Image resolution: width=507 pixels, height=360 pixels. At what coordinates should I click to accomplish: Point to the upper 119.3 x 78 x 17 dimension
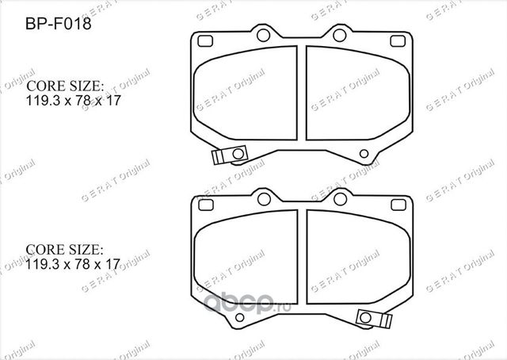tap(73, 102)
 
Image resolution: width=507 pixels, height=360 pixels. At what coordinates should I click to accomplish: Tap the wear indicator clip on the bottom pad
tap(373, 318)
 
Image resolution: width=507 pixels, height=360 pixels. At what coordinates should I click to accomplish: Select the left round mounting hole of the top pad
tap(263, 34)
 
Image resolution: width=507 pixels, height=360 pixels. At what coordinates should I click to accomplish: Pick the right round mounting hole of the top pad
tap(339, 34)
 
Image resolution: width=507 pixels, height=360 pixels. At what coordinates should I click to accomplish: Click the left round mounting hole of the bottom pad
tap(263, 194)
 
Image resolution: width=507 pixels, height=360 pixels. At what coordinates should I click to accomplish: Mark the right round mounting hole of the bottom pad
tap(339, 194)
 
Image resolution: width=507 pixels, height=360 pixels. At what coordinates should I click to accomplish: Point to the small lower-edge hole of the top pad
tap(364, 154)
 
